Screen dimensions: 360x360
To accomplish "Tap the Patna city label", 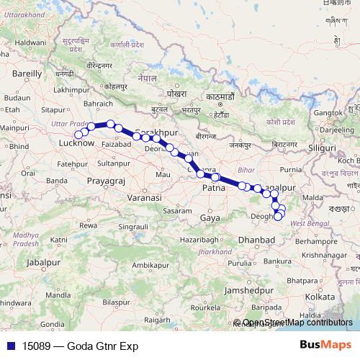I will (x=213, y=188).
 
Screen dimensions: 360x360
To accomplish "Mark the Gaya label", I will (x=210, y=217).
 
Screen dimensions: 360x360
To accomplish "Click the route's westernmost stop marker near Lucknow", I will (x=78, y=134).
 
